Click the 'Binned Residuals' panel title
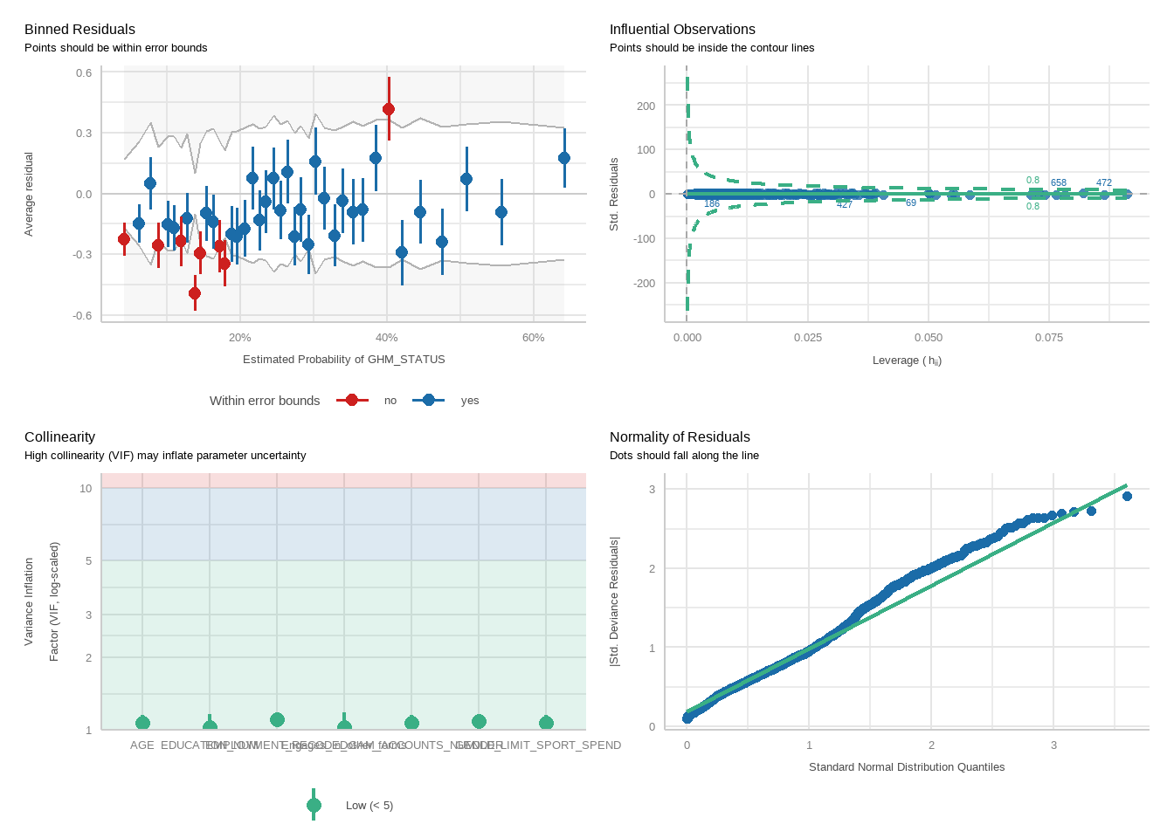click(x=79, y=30)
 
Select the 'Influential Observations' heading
click(x=682, y=30)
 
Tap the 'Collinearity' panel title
click(x=59, y=437)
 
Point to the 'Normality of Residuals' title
click(x=680, y=437)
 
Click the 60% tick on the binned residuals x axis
click(x=533, y=338)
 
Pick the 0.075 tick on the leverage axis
click(x=1048, y=338)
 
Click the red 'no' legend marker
click(x=352, y=401)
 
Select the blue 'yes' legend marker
click(x=428, y=401)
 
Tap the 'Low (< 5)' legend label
click(x=369, y=806)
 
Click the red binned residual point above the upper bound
click(x=389, y=109)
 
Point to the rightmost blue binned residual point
click(x=564, y=158)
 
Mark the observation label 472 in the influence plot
click(x=1104, y=183)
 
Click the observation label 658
click(x=1059, y=183)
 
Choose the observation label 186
click(x=712, y=204)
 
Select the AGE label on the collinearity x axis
click(x=142, y=745)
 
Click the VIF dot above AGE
click(x=142, y=723)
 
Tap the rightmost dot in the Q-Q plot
click(x=1127, y=497)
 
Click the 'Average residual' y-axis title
click(x=29, y=194)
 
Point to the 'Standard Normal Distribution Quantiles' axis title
click(x=907, y=767)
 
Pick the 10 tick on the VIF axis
click(x=86, y=489)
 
